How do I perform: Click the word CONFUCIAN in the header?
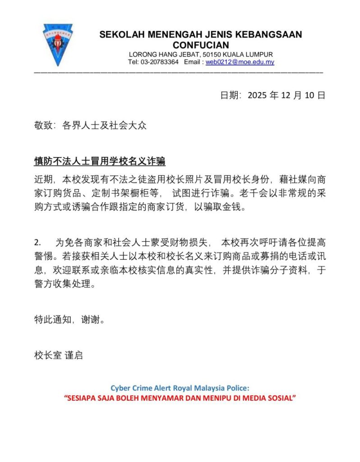(x=201, y=45)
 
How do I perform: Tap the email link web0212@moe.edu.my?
(x=240, y=62)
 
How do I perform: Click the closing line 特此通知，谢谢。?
(x=70, y=320)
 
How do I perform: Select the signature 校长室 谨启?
(x=59, y=355)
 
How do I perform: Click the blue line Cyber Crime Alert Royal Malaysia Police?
(x=180, y=388)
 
